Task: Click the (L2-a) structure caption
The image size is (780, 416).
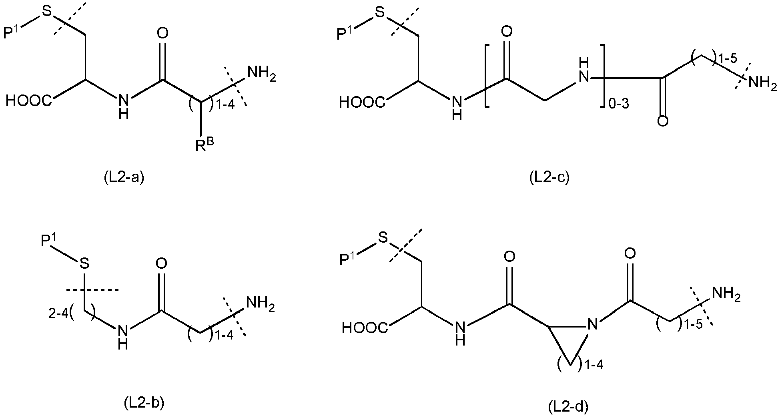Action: pyautogui.click(x=123, y=177)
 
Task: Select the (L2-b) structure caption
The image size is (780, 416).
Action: pyautogui.click(x=144, y=403)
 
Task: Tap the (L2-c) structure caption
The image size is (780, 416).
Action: pyautogui.click(x=549, y=177)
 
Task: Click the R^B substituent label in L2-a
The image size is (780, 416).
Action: pyautogui.click(x=205, y=145)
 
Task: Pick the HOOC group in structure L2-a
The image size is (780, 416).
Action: pyautogui.click(x=29, y=101)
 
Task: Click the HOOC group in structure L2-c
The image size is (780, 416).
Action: pyautogui.click(x=363, y=103)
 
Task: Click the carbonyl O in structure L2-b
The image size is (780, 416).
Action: pyautogui.click(x=161, y=263)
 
